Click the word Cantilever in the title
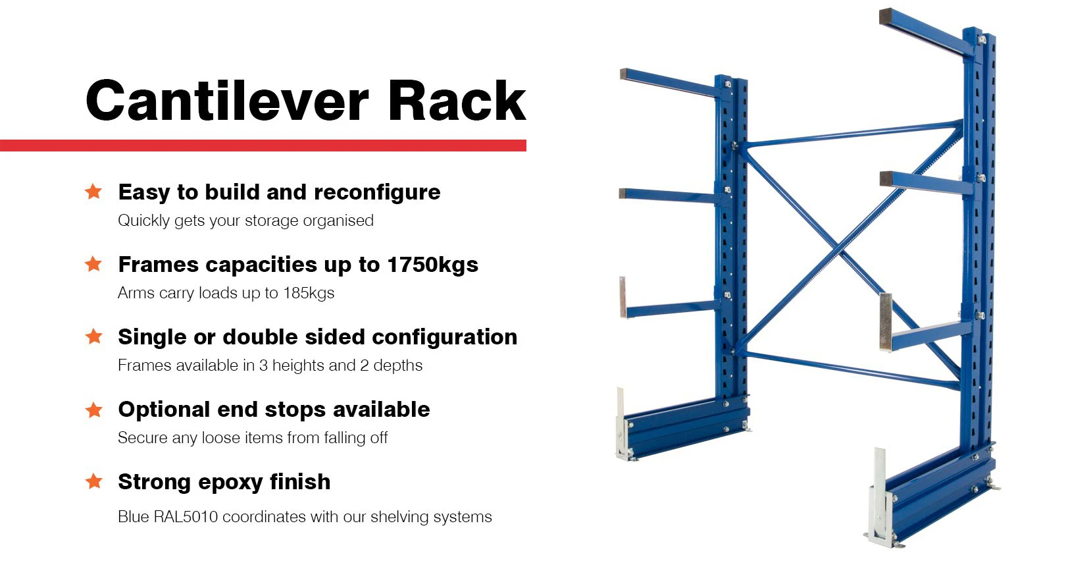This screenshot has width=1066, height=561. tap(227, 101)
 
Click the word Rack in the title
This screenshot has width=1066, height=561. tap(457, 101)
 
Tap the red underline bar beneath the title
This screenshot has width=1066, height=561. tap(263, 146)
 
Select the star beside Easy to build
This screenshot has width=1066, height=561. tap(93, 192)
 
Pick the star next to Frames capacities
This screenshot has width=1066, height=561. tap(93, 264)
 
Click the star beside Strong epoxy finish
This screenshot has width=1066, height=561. tap(93, 481)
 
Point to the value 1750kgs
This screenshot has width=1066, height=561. tap(432, 265)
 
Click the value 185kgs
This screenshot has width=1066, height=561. tap(309, 293)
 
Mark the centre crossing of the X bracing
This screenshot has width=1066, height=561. tap(839, 250)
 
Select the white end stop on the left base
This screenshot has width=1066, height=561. tap(621, 425)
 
